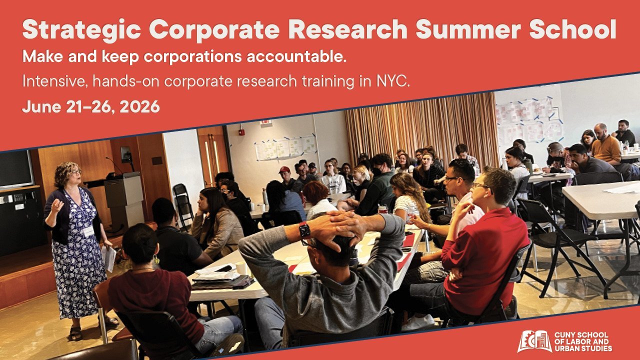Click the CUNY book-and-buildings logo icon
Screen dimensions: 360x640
click(x=534, y=341)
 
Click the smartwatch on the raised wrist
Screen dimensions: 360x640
click(x=304, y=230)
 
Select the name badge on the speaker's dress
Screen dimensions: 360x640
click(x=89, y=231)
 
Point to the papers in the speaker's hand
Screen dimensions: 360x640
click(x=109, y=257)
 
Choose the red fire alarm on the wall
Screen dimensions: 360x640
click(x=242, y=132)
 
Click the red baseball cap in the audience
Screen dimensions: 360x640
click(x=284, y=170)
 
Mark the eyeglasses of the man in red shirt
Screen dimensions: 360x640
click(x=481, y=186)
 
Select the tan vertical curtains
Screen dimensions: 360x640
click(x=420, y=130)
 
